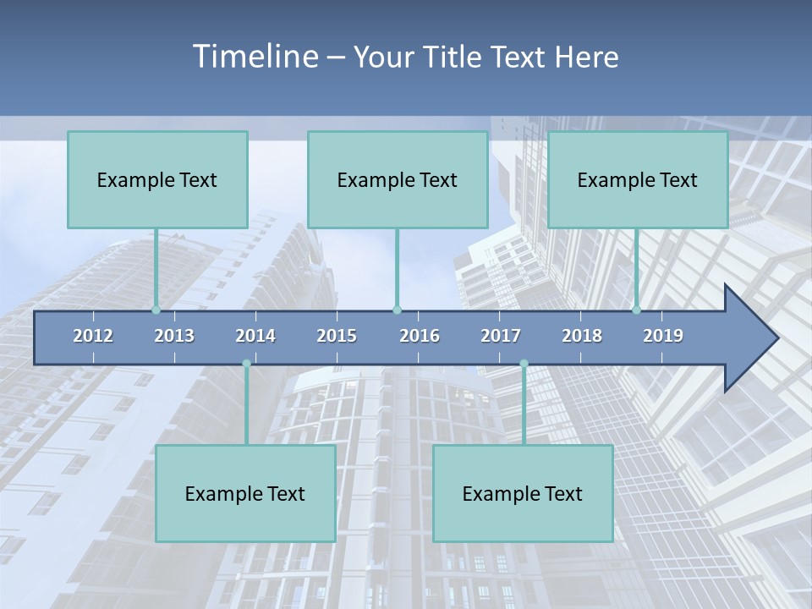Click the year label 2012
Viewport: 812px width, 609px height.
coord(93,336)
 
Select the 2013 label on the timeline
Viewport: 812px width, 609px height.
coord(174,336)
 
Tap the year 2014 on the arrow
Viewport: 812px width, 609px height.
coord(255,336)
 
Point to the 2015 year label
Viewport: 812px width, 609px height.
coord(337,336)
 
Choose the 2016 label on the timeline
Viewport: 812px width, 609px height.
coord(420,336)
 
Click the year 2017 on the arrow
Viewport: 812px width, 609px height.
coord(501,336)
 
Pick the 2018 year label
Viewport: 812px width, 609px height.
coord(582,336)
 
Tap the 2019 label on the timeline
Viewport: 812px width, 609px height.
coord(663,336)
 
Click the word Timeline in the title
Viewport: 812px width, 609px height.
coord(255,57)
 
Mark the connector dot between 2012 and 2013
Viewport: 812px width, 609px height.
coord(156,310)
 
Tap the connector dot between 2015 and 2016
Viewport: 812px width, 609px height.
coord(397,310)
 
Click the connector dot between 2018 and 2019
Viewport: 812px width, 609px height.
coord(636,310)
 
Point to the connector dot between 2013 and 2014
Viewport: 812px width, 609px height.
coord(246,364)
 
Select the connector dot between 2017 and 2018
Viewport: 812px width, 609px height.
coord(524,364)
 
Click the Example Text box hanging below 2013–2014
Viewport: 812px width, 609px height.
coord(245,493)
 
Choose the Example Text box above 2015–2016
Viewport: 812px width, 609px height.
coord(398,179)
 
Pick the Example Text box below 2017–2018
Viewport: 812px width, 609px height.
coord(523,493)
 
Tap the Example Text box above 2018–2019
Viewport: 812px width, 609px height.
coord(638,179)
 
